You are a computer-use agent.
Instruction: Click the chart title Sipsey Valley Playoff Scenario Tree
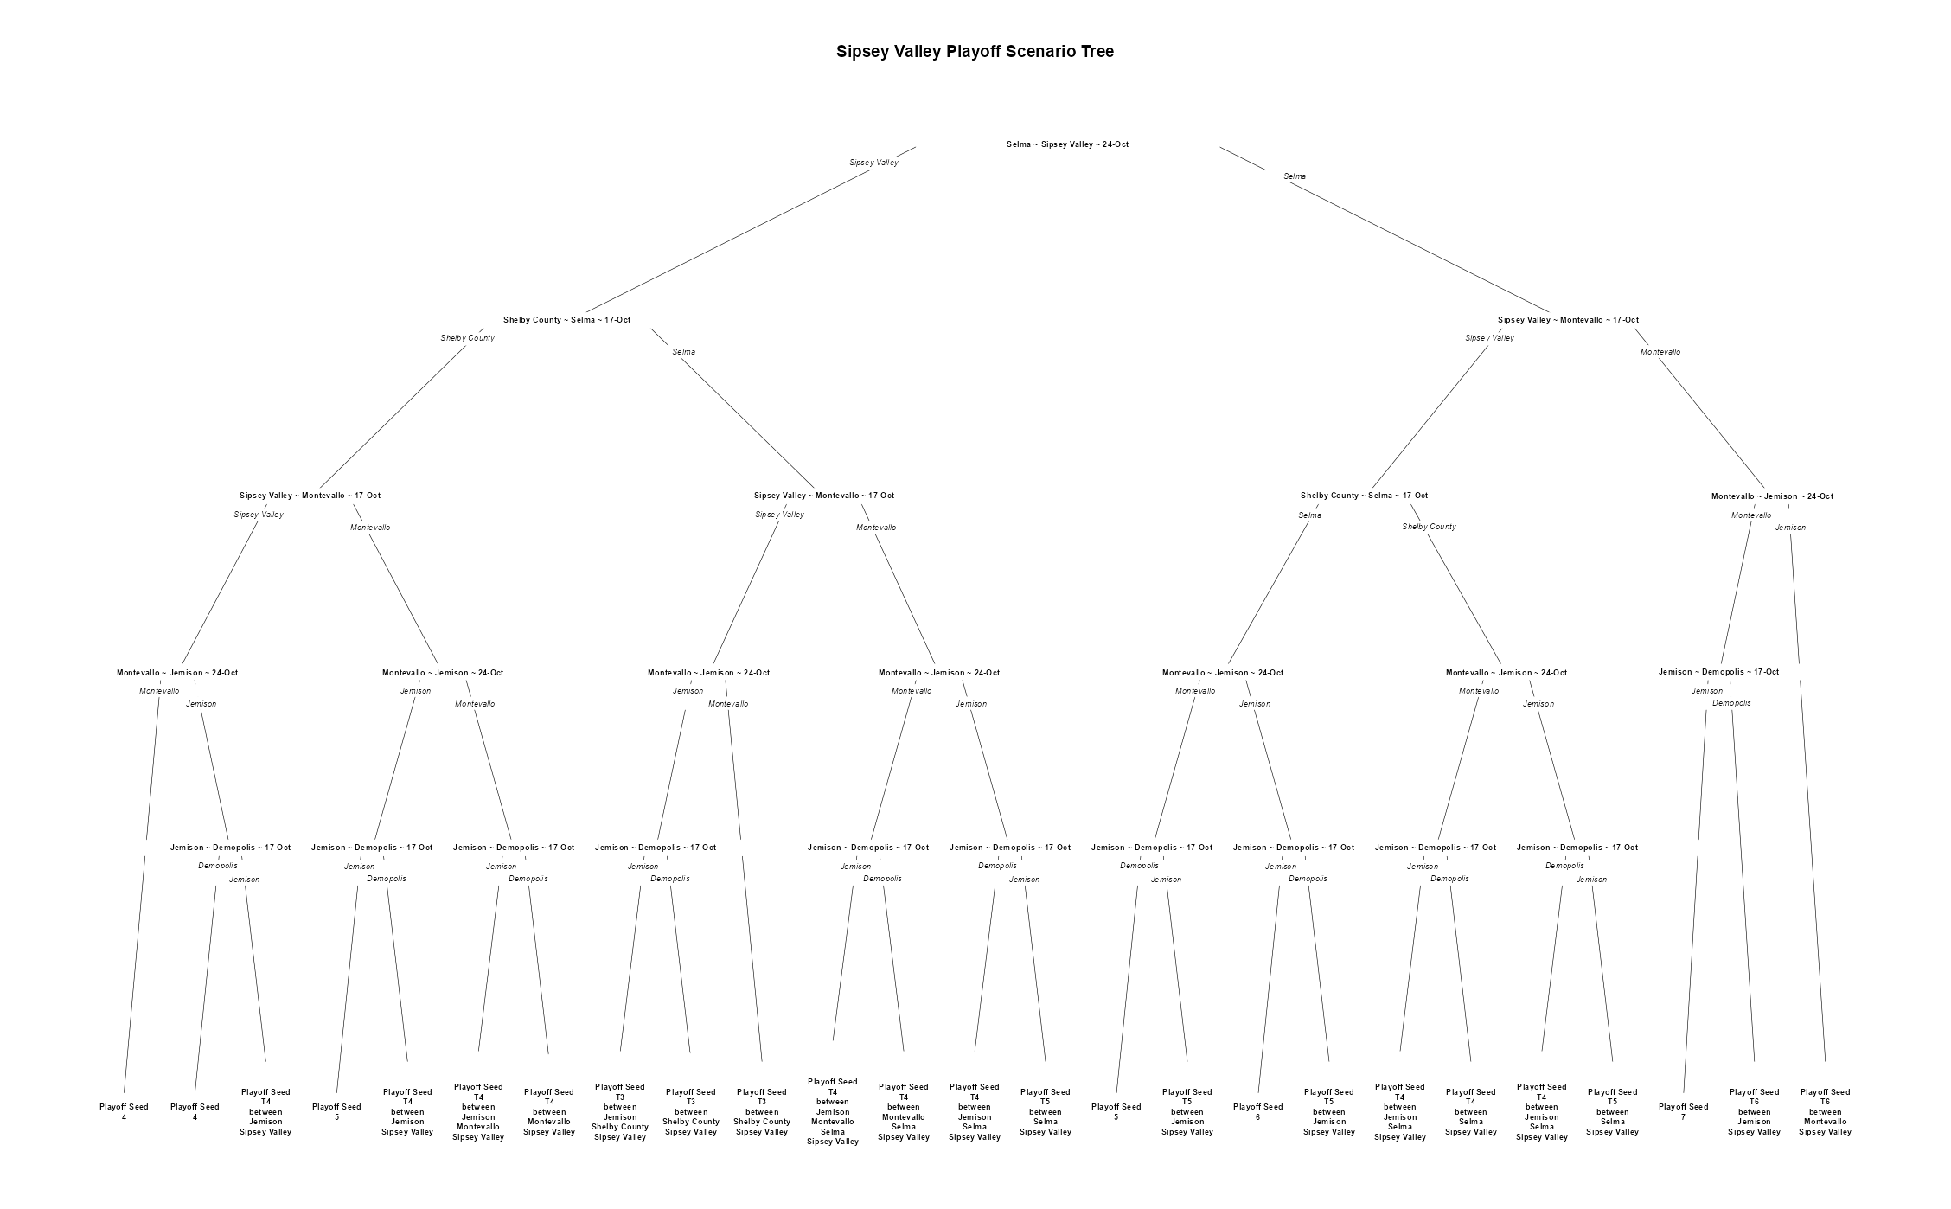[975, 52]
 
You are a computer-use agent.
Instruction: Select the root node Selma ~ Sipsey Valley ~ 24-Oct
[1067, 144]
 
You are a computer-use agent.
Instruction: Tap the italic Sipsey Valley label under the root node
[873, 163]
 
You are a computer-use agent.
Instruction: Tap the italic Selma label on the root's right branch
[1295, 176]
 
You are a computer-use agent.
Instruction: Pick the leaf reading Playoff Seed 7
[1683, 1112]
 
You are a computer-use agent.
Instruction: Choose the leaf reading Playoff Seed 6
[1257, 1112]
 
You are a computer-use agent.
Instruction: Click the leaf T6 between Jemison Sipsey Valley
[1754, 1112]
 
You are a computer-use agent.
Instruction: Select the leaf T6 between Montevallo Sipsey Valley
[1825, 1112]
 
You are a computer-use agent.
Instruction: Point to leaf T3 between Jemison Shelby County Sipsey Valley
[620, 1112]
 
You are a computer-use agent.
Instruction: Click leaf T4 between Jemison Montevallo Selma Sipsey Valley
[833, 1112]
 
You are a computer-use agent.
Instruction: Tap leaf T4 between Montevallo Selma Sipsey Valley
[904, 1112]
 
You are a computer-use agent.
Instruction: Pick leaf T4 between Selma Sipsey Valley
[1470, 1112]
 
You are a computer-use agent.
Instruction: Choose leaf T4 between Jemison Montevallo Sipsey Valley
[478, 1112]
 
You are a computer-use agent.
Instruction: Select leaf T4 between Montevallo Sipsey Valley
[549, 1112]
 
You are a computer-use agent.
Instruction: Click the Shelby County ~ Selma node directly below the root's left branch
[566, 320]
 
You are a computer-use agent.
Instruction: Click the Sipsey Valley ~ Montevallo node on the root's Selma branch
[1568, 320]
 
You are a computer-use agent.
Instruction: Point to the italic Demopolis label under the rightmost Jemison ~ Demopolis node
[1731, 703]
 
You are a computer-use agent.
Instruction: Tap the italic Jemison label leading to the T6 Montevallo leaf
[1790, 528]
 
